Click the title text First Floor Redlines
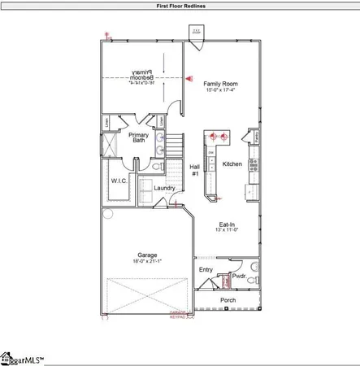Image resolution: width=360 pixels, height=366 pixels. click(x=180, y=6)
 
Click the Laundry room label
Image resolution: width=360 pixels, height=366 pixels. click(x=165, y=189)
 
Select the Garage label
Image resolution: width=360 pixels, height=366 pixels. click(x=147, y=254)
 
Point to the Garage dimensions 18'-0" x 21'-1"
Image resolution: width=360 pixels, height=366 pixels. click(x=147, y=261)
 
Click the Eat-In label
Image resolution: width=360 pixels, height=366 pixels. click(x=227, y=224)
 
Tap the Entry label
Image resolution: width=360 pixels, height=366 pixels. click(x=206, y=269)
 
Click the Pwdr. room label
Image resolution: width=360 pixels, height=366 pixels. click(x=239, y=277)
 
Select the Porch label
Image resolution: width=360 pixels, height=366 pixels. click(x=228, y=300)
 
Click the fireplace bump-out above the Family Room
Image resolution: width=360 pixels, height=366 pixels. click(x=197, y=33)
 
